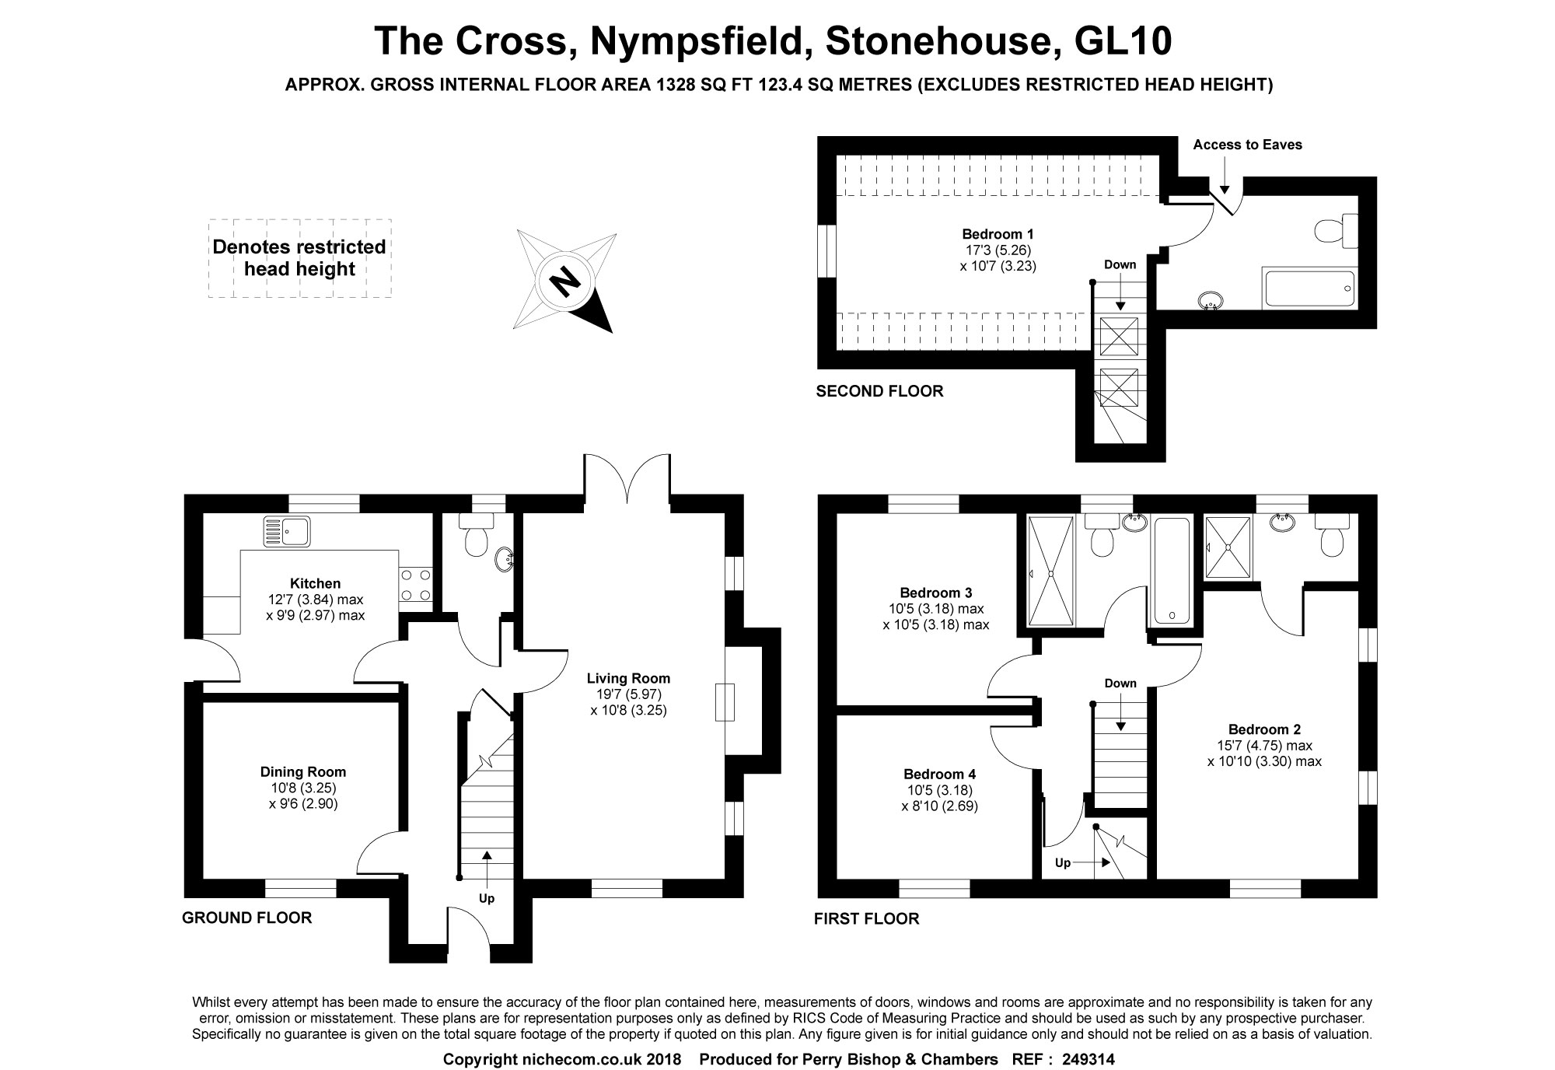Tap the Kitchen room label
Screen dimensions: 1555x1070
click(x=315, y=583)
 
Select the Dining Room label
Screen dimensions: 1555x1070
click(x=303, y=771)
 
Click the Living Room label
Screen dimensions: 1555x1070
click(x=628, y=678)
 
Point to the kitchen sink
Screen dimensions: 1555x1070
click(x=287, y=531)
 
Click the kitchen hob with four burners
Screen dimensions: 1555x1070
click(x=415, y=586)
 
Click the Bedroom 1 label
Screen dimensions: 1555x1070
click(x=998, y=233)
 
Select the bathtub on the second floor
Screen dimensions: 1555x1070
click(x=1310, y=288)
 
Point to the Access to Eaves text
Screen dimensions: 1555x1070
click(x=1247, y=145)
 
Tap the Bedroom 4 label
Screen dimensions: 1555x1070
click(x=939, y=774)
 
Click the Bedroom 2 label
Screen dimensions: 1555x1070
click(x=1264, y=729)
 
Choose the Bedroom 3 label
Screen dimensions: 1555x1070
click(x=936, y=593)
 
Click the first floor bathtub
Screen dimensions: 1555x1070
click(x=1172, y=571)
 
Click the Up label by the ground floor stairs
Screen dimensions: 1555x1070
click(x=487, y=898)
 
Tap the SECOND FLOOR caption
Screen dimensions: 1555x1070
click(x=879, y=391)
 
